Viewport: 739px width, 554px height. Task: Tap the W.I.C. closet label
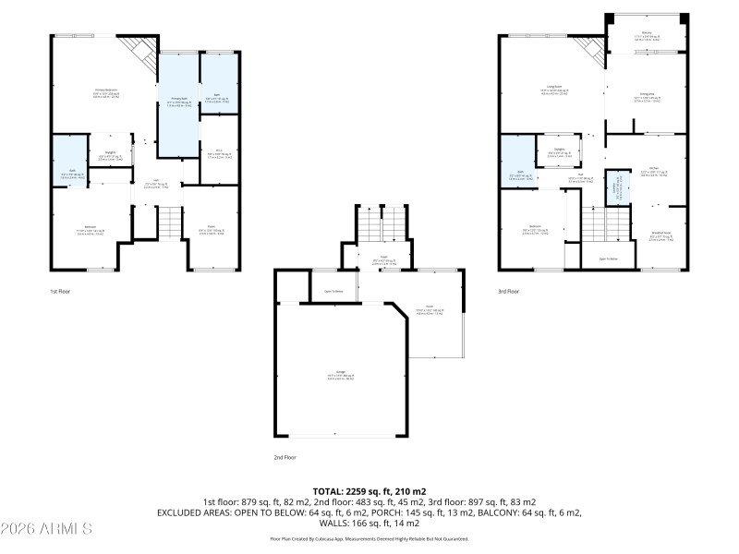tap(219, 152)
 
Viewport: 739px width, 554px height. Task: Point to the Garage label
tap(340, 375)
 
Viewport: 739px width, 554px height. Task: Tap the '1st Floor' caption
tap(60, 292)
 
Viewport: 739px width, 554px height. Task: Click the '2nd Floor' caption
tap(285, 456)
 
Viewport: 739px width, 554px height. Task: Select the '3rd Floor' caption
tap(509, 292)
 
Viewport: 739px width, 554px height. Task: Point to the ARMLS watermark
tap(46, 529)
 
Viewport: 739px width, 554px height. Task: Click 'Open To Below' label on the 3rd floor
tap(608, 258)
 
